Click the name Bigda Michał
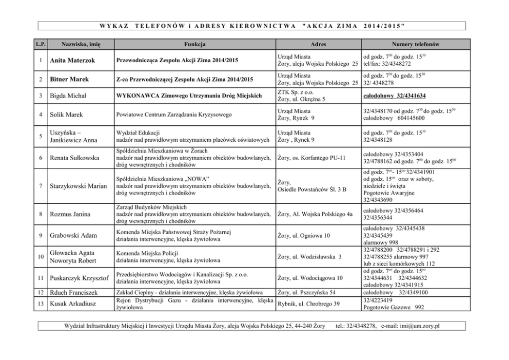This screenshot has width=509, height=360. [69, 96]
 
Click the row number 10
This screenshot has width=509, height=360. [41, 256]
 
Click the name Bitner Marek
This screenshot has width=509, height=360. [69, 79]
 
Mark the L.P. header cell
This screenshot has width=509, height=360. [41, 44]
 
